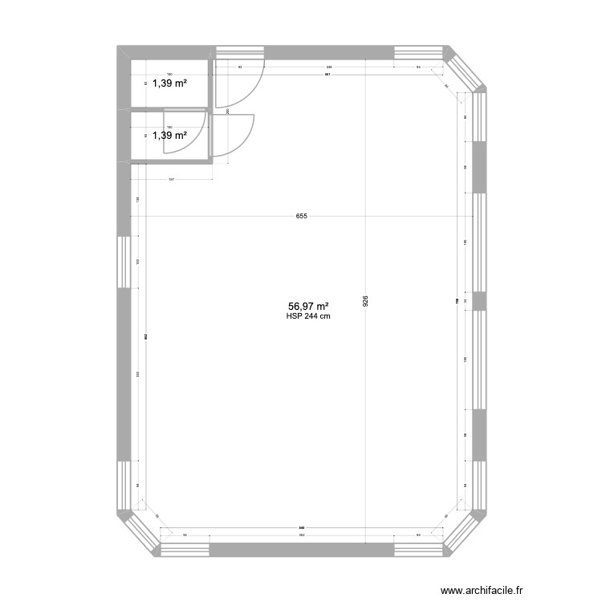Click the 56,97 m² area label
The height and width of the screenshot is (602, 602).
(x=308, y=306)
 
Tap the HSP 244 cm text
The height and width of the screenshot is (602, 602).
(x=308, y=316)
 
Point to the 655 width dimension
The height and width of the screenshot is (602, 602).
(x=301, y=216)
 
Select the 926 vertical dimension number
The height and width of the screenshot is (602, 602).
(x=366, y=302)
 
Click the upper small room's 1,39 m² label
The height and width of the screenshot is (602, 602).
(x=169, y=82)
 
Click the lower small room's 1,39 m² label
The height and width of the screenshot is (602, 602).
(x=169, y=135)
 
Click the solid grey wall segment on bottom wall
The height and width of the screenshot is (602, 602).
(x=301, y=550)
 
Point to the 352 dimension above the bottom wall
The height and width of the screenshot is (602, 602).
(x=301, y=535)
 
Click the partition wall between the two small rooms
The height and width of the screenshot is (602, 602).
(x=170, y=108)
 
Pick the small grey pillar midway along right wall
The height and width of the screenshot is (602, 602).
(x=479, y=301)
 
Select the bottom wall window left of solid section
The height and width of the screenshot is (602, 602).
(x=185, y=550)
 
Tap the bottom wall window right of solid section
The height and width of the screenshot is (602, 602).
(x=417, y=550)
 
